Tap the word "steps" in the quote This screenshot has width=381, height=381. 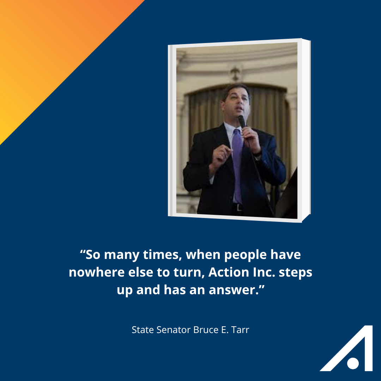[x=296, y=273]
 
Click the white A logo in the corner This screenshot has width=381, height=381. [x=346, y=348]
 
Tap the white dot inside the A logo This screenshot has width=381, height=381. [x=353, y=363]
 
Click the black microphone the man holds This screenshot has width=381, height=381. [x=242, y=122]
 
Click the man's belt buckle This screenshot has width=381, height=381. [x=238, y=207]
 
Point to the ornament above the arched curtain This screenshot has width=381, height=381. [x=235, y=73]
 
